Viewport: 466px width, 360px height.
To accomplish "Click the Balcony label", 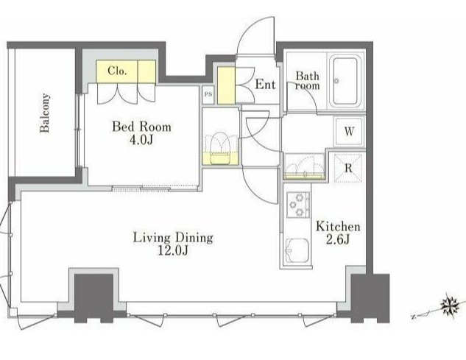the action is pyautogui.click(x=45, y=113).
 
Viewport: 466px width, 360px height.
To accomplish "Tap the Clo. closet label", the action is pyautogui.click(x=117, y=71).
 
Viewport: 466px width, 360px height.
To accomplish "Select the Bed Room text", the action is pyautogui.click(x=142, y=127).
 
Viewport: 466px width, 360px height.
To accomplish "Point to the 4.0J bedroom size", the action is pyautogui.click(x=141, y=140).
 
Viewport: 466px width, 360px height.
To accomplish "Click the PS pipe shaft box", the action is pyautogui.click(x=208, y=94).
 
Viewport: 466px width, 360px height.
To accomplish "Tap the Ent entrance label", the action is pyautogui.click(x=265, y=85).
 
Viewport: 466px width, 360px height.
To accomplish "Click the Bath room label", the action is pyautogui.click(x=308, y=81).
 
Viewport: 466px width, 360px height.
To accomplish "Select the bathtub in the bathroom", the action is pyautogui.click(x=345, y=81).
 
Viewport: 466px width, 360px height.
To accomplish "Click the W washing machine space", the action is pyautogui.click(x=349, y=131).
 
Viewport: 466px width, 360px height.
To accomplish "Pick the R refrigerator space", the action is pyautogui.click(x=348, y=168).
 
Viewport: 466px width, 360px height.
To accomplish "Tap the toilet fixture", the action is pyautogui.click(x=220, y=149).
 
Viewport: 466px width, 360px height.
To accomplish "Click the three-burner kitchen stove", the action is pyautogui.click(x=298, y=205).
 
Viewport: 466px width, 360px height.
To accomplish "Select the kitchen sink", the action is pyautogui.click(x=297, y=250).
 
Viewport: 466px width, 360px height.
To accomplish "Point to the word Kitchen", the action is pyautogui.click(x=338, y=227).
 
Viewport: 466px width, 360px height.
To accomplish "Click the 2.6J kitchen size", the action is pyautogui.click(x=338, y=239).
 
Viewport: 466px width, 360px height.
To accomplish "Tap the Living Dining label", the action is pyautogui.click(x=173, y=238).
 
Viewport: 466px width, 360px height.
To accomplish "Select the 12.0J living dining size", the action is pyautogui.click(x=173, y=251).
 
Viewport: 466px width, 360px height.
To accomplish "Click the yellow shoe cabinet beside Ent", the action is pyautogui.click(x=226, y=85).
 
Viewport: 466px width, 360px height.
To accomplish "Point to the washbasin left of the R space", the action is pyautogui.click(x=304, y=166).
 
